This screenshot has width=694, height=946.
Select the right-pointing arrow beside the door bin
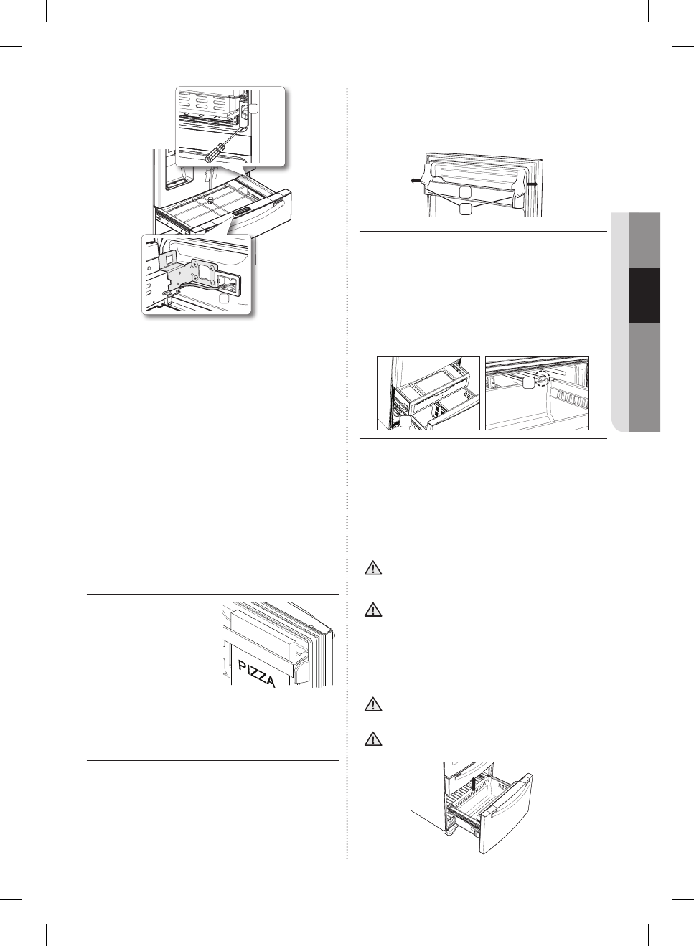click(533, 184)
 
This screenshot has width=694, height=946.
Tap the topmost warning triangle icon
click(372, 569)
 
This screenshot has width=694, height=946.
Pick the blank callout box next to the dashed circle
click(528, 384)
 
